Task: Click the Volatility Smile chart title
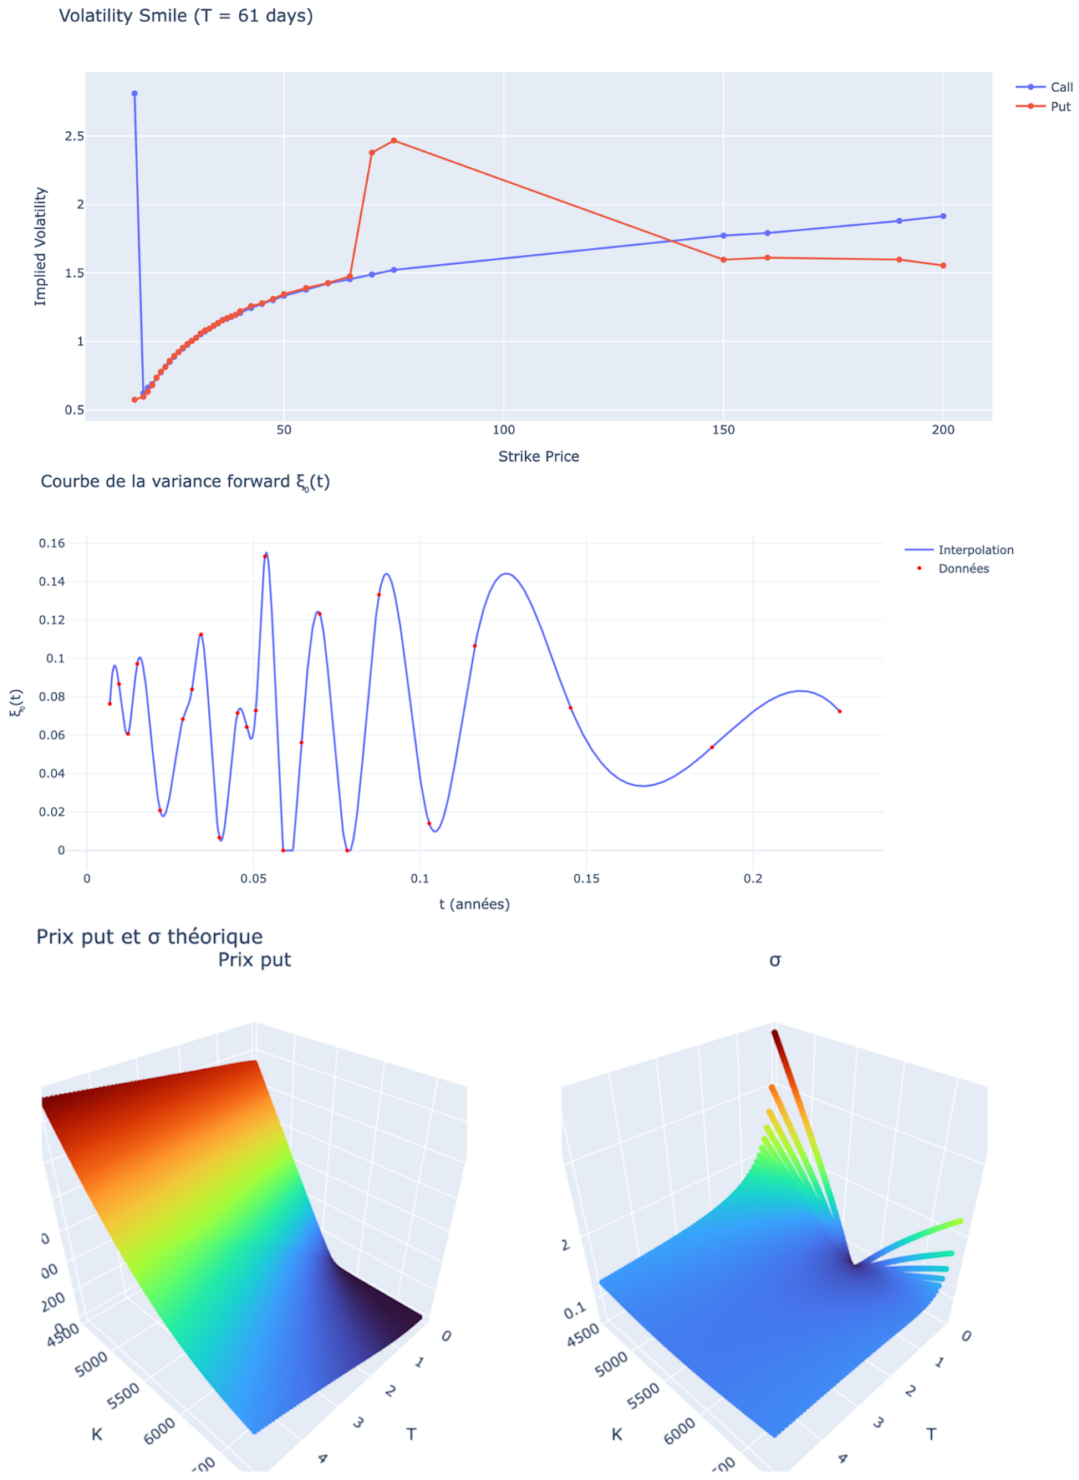(186, 16)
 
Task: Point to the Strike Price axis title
(538, 456)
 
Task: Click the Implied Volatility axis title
(41, 247)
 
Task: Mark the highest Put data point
(394, 140)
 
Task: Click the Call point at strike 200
(943, 216)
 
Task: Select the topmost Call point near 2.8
(135, 94)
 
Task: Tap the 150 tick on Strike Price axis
(723, 430)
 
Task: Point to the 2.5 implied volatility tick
(74, 136)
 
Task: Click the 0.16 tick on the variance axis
(52, 544)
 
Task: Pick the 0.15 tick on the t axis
(586, 878)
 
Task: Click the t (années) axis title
(474, 904)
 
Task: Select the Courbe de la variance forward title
(185, 481)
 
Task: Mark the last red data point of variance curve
(839, 711)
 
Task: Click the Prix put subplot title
(254, 959)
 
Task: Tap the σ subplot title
(775, 960)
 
